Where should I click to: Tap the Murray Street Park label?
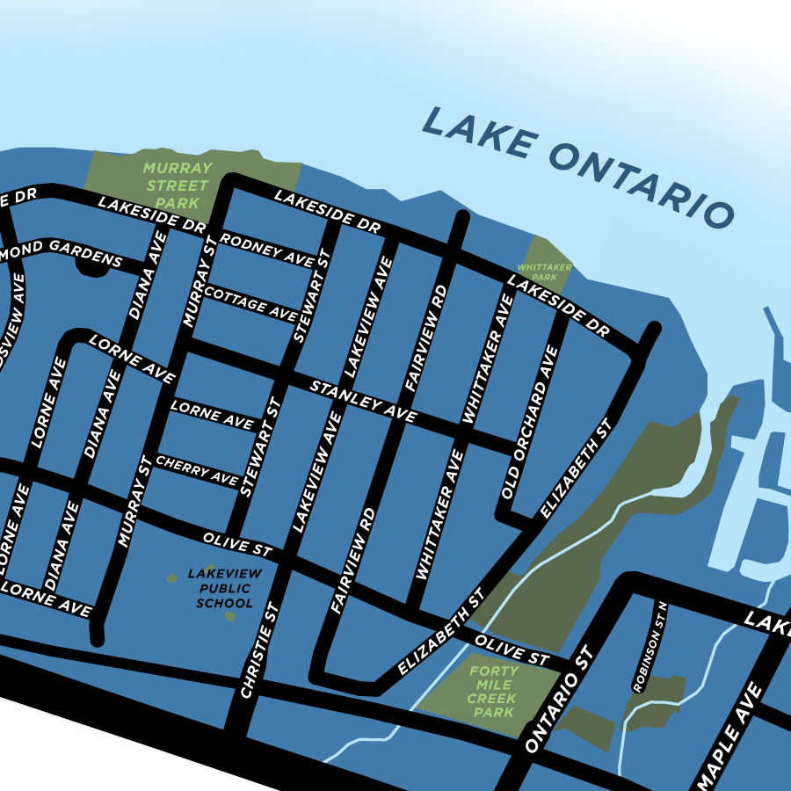pos(178,185)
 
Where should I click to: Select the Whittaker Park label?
pos(545,272)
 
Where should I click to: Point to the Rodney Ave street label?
pos(267,250)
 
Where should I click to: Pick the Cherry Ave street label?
pos(197,470)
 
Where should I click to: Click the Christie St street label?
pos(259,651)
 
